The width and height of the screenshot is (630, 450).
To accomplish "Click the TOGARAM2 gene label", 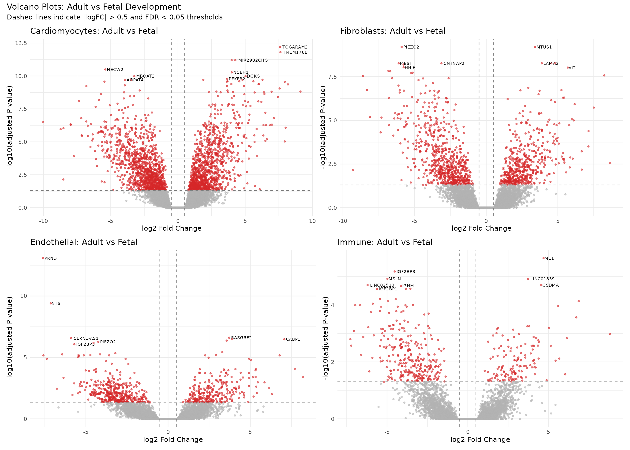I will pyautogui.click(x=295, y=47).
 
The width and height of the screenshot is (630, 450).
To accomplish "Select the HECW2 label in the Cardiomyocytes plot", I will pyautogui.click(x=115, y=70).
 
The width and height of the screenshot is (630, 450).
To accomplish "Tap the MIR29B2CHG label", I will pyautogui.click(x=253, y=60).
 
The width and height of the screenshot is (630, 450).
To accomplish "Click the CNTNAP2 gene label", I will pyautogui.click(x=454, y=64).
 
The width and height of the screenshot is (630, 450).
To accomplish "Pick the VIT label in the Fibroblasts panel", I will pyautogui.click(x=572, y=67).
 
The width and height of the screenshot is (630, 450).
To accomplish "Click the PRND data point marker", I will pyautogui.click(x=43, y=258).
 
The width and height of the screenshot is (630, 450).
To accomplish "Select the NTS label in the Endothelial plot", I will pyautogui.click(x=56, y=304).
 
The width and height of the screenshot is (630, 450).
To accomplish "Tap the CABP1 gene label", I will pyautogui.click(x=293, y=339).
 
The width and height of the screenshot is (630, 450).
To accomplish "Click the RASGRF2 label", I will pyautogui.click(x=241, y=337).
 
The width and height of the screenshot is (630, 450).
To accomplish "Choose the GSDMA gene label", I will pyautogui.click(x=550, y=285).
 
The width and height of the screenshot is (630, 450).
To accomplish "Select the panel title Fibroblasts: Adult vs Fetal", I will pyautogui.click(x=393, y=31).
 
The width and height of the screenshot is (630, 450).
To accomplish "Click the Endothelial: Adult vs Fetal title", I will pyautogui.click(x=84, y=242).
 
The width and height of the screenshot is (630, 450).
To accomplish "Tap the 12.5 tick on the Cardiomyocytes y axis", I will pyautogui.click(x=21, y=43).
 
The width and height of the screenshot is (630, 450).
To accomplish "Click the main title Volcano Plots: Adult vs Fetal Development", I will pyautogui.click(x=94, y=7).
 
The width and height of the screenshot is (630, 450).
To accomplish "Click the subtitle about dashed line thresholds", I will pyautogui.click(x=114, y=17).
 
